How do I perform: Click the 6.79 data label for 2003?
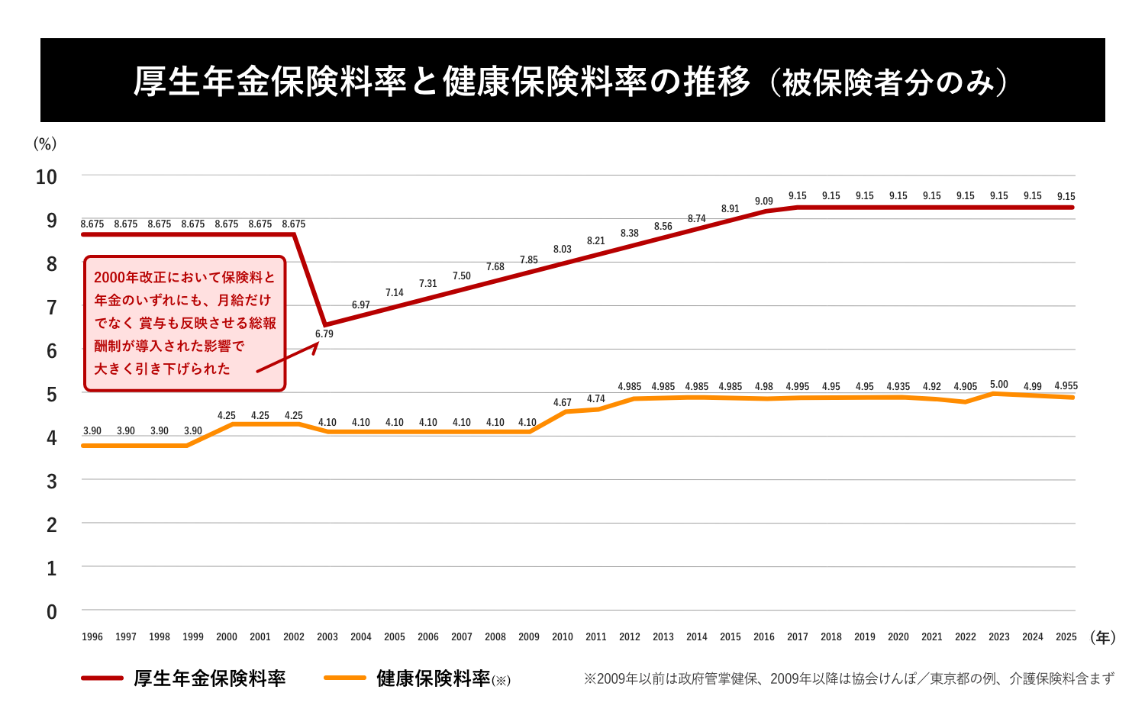click(324, 334)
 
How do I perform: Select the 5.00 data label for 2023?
click(998, 385)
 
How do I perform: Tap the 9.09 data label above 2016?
click(763, 201)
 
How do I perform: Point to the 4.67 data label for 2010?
click(562, 403)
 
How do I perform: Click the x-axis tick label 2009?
click(528, 636)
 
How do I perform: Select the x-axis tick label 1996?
click(92, 636)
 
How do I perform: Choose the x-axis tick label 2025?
click(1066, 636)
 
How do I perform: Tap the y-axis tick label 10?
click(47, 177)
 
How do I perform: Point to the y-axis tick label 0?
click(51, 612)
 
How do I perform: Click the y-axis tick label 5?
click(51, 395)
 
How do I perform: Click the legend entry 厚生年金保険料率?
click(209, 678)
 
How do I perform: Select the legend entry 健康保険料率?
click(433, 678)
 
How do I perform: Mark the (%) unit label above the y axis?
click(45, 143)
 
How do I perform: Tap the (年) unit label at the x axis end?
click(1102, 637)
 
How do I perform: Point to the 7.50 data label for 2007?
click(461, 276)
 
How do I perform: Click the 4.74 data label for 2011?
click(595, 399)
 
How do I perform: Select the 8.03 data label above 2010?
click(562, 250)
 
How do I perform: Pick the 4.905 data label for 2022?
click(965, 387)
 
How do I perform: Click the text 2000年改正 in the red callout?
click(130, 278)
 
